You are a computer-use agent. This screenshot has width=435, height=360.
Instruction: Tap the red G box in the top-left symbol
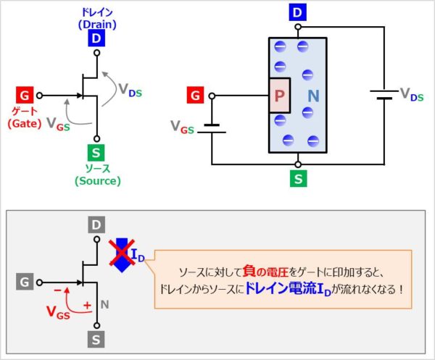click(25, 95)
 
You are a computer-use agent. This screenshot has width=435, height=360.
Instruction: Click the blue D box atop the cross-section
click(298, 12)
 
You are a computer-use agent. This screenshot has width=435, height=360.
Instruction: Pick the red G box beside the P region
click(194, 95)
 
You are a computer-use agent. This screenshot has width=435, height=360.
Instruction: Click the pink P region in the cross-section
click(279, 96)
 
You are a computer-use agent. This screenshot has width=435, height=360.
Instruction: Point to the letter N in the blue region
click(313, 96)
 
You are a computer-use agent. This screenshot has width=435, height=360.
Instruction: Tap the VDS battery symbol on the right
click(381, 95)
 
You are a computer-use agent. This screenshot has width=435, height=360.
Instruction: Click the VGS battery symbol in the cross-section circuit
click(212, 127)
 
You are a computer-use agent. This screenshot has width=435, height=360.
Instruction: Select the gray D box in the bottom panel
click(96, 225)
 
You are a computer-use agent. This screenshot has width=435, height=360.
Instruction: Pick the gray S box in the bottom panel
click(96, 339)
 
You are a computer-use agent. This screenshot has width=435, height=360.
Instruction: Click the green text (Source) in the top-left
click(96, 181)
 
